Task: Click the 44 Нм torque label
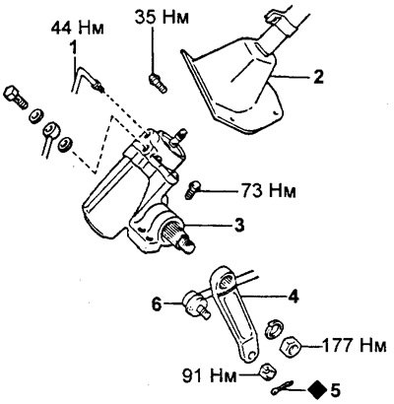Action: coord(78,28)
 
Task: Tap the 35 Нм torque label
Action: coord(163,17)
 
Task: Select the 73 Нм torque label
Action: coord(269,190)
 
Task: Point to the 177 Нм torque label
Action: coord(355,345)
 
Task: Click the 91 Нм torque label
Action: coord(210,375)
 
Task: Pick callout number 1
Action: coord(74,47)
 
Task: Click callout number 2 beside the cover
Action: coord(318,76)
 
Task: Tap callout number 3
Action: coord(239,226)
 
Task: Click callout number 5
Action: coord(335,391)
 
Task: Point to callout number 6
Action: coord(157,304)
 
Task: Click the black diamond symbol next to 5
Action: coord(317,390)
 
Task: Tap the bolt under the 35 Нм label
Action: coord(158,83)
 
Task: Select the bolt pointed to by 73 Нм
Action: coord(193,190)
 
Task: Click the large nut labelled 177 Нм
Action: coord(292,347)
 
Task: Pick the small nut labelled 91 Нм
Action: coord(268,372)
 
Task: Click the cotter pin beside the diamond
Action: coord(282,388)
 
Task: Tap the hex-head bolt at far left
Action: coord(16,97)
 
